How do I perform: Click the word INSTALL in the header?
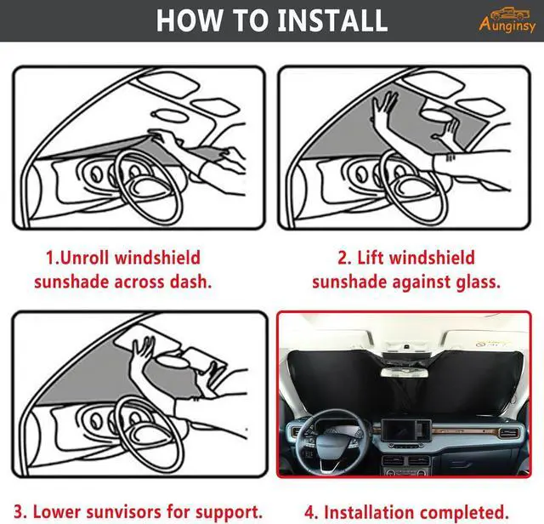[327, 20]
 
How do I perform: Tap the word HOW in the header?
[190, 20]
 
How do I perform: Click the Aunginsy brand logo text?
[507, 26]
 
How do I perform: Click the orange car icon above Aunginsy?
[507, 12]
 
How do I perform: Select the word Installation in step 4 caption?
[368, 513]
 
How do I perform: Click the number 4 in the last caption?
[310, 513]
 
